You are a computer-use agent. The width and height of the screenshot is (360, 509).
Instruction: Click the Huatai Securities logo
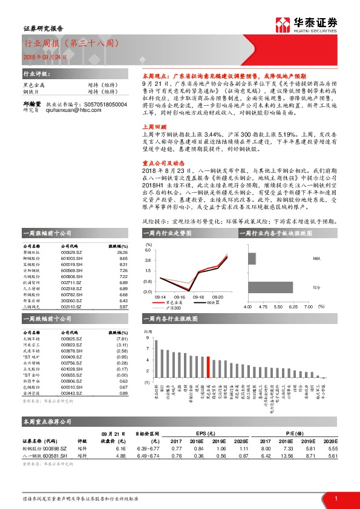pyautogui.click(x=306, y=24)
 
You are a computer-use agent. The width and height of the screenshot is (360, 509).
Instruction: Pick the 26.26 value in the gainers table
pyautogui.click(x=122, y=252)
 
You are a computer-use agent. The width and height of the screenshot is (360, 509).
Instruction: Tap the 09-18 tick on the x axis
pyautogui.click(x=198, y=297)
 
